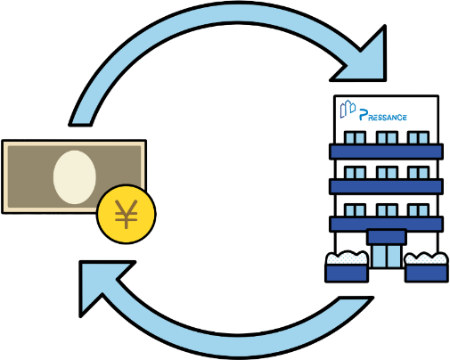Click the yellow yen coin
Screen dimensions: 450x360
[127, 214]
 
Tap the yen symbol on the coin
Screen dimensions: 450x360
[127, 214]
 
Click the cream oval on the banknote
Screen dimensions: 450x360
[75, 177]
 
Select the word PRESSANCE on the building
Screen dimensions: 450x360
[383, 116]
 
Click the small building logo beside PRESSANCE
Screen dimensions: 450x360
[348, 109]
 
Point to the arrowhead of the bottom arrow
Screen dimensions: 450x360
[101, 285]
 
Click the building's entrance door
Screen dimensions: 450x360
[387, 256]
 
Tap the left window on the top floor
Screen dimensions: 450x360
[355, 137]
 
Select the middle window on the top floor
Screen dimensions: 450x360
[387, 137]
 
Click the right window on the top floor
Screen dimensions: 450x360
[418, 137]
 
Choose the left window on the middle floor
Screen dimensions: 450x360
[355, 173]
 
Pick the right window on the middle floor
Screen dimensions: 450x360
[418, 173]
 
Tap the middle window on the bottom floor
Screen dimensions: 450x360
[387, 210]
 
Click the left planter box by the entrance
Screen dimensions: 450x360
[347, 273]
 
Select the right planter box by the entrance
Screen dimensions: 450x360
[426, 273]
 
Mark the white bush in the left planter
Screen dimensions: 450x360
[347, 258]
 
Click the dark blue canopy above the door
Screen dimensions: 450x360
[387, 237]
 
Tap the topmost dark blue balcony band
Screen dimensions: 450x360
[387, 151]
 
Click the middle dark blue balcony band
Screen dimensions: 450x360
[387, 186]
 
